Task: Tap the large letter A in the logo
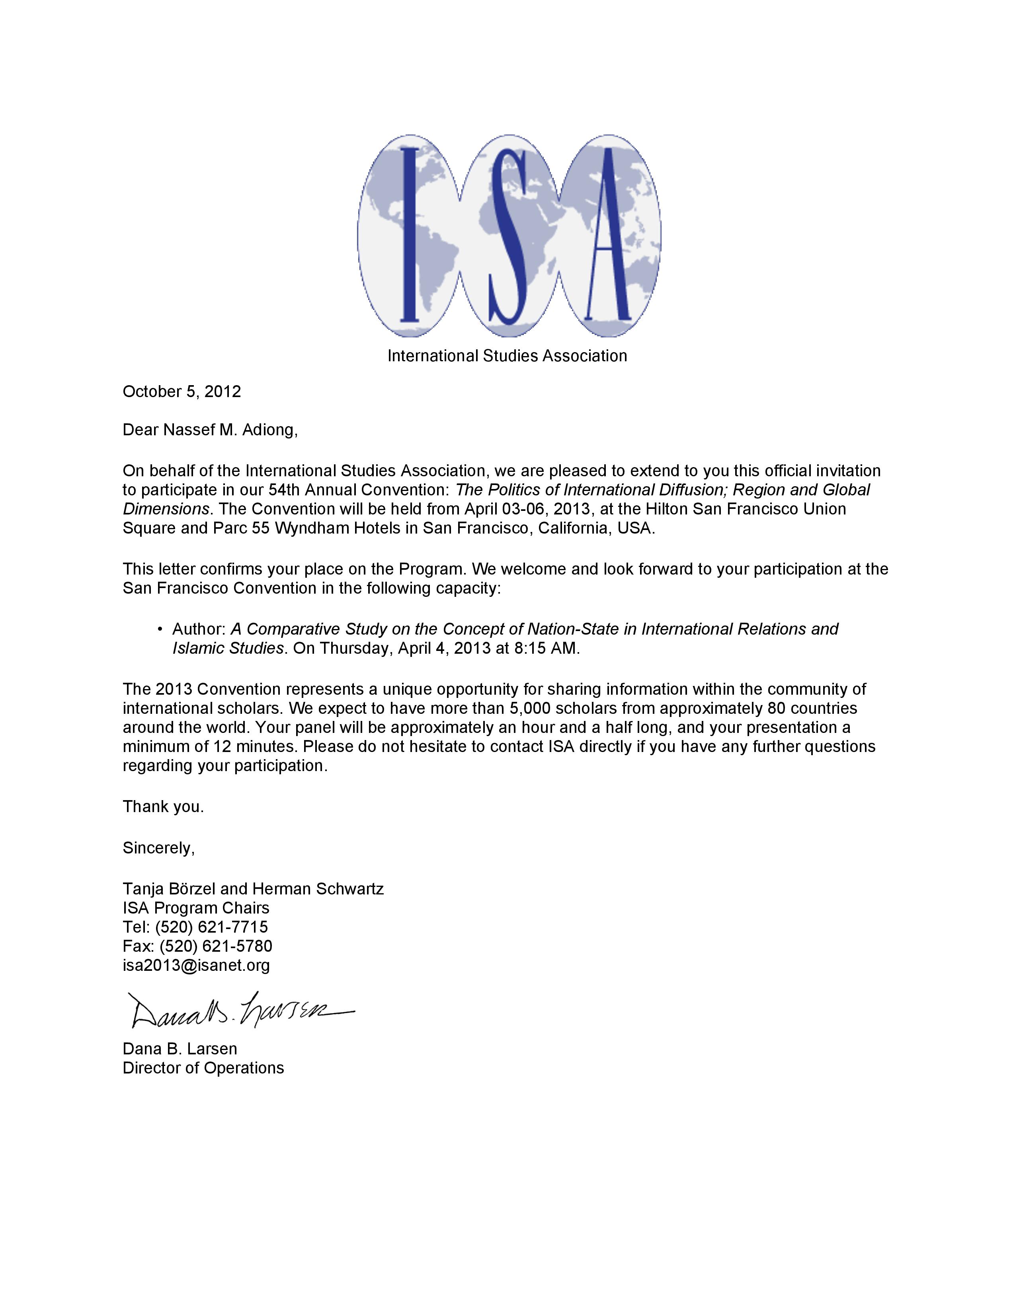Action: (x=607, y=234)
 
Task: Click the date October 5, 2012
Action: (x=182, y=392)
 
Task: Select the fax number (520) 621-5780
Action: (x=216, y=946)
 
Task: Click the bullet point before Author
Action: (x=160, y=629)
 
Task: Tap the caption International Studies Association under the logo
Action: (x=507, y=356)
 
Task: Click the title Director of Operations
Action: (x=203, y=1068)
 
